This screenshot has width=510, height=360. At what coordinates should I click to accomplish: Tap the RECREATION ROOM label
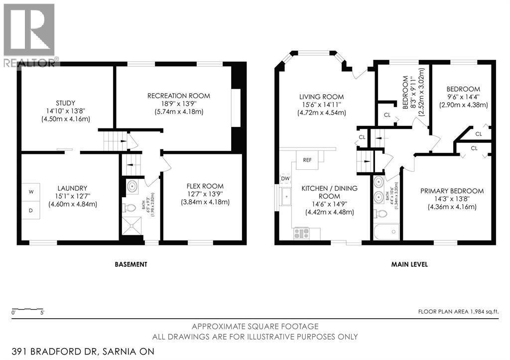(179, 96)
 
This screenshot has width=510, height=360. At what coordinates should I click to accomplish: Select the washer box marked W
(31, 191)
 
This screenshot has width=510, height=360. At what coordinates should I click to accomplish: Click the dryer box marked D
(31, 211)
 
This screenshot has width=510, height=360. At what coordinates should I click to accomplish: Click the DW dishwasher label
(285, 178)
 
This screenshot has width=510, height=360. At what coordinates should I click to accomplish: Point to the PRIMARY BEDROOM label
(452, 191)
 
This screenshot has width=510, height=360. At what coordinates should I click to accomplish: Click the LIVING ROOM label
(321, 97)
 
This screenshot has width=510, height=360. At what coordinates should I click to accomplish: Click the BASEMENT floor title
(131, 264)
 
